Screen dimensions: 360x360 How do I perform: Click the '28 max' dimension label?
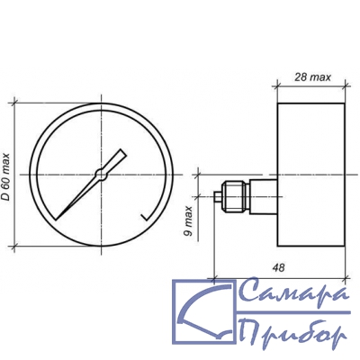pyautogui.click(x=313, y=77)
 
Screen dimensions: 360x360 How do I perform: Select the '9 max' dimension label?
pyautogui.click(x=188, y=221)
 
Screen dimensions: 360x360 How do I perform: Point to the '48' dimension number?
pyautogui.click(x=279, y=267)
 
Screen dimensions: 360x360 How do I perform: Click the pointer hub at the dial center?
pyautogui.click(x=101, y=175)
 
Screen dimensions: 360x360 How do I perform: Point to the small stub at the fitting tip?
pyautogui.click(x=217, y=197)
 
